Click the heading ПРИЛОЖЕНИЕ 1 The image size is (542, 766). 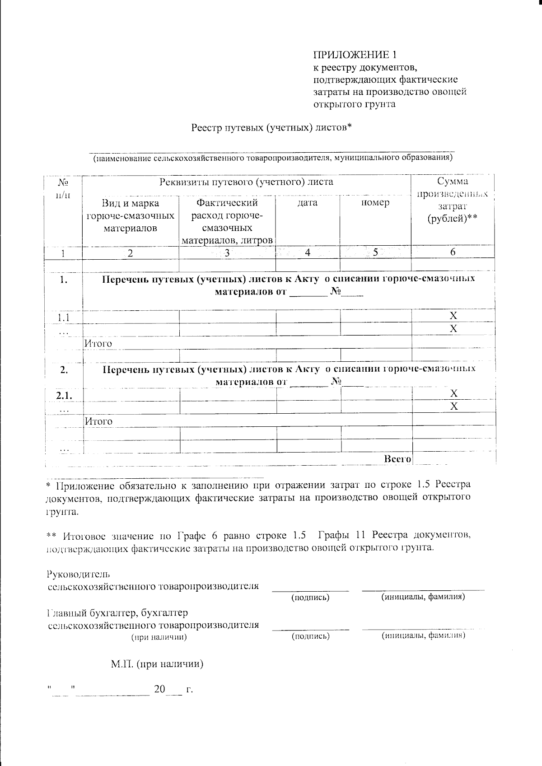click(356, 55)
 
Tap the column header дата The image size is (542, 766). click(308, 203)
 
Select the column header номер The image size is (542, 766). click(375, 203)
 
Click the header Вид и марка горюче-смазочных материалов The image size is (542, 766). click(130, 215)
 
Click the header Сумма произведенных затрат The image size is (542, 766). click(453, 200)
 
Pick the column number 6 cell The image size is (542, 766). click(453, 252)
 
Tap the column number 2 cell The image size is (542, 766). click(130, 253)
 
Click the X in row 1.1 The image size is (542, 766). click(453, 315)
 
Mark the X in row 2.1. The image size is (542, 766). click(454, 394)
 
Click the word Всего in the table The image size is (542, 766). click(397, 459)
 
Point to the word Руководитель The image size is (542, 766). click(78, 574)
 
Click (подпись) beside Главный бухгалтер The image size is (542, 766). click(310, 636)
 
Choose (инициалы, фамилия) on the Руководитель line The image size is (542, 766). click(423, 597)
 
